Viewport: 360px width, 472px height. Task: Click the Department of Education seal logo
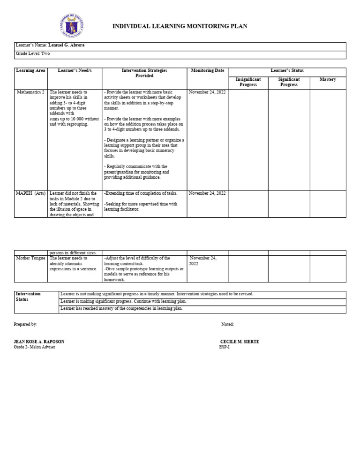point(72,26)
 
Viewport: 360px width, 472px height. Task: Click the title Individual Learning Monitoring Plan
point(180,26)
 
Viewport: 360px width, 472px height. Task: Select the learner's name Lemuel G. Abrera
point(67,46)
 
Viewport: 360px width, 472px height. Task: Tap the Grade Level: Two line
point(33,54)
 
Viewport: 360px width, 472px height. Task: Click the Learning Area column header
point(30,71)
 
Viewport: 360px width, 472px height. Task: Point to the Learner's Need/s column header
point(75,71)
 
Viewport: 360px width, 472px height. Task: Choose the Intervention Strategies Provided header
point(144,73)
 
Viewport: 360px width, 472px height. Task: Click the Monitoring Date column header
point(208,71)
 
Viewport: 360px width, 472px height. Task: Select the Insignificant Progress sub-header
point(248,82)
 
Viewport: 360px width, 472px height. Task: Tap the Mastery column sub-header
point(328,80)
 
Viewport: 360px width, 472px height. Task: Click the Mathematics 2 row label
point(31,92)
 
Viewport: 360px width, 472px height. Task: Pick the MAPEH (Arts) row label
point(31,193)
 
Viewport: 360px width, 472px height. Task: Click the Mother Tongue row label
point(31,258)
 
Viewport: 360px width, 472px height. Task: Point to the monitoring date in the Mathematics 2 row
point(207,92)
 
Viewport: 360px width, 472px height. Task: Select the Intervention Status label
point(29,297)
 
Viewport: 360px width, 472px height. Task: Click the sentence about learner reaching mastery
point(121,309)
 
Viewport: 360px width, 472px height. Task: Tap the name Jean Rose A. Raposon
point(39,342)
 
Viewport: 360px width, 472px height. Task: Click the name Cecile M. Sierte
point(239,342)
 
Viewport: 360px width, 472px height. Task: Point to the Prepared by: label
point(26,324)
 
